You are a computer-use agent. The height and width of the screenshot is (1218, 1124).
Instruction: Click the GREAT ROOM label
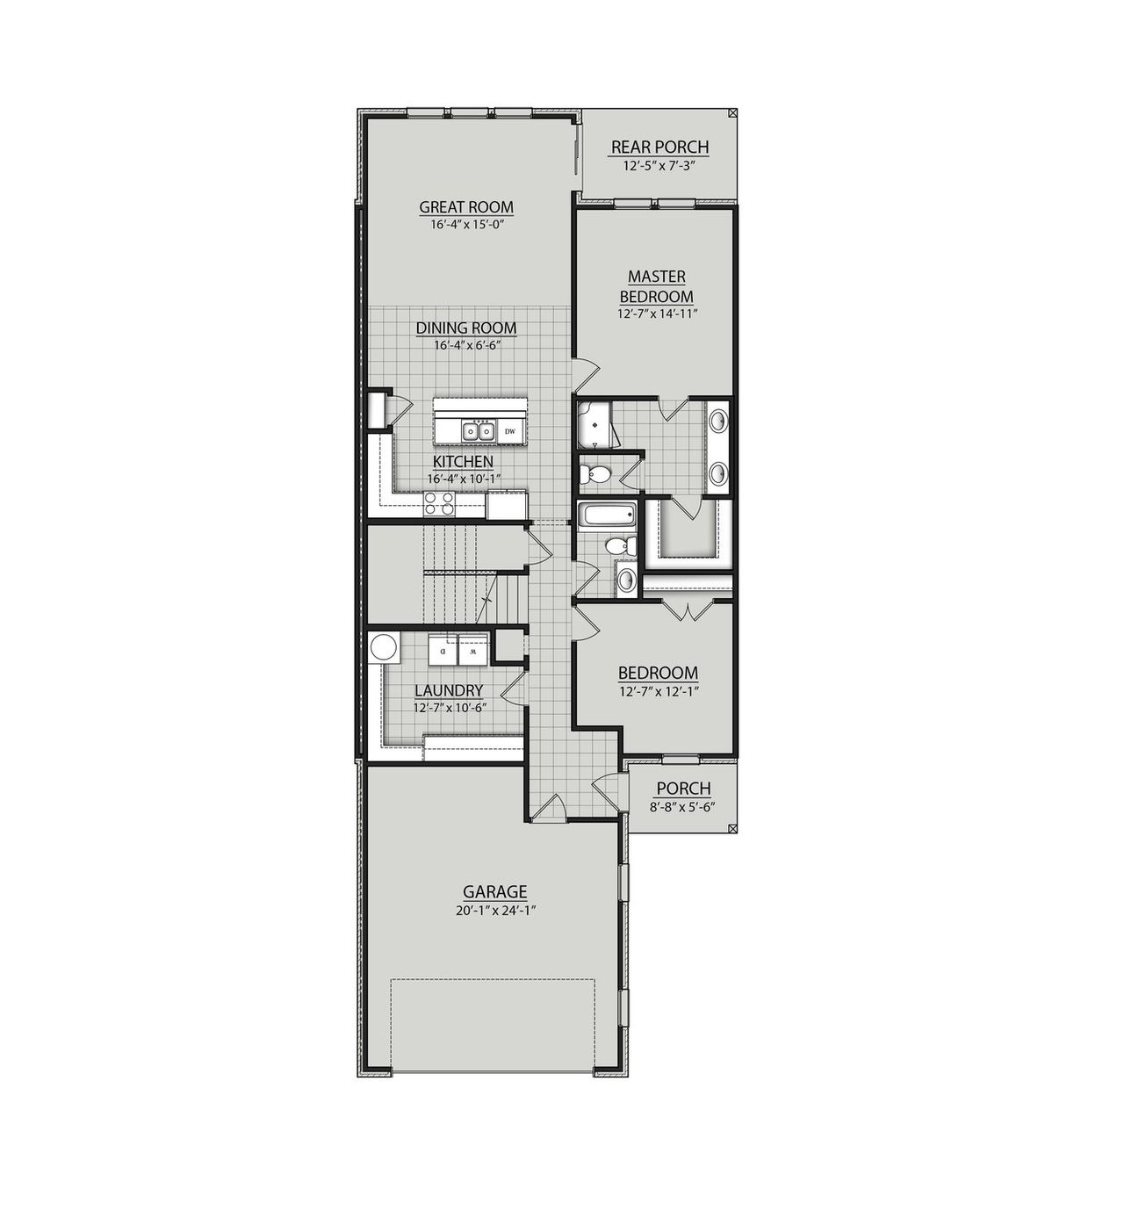click(466, 207)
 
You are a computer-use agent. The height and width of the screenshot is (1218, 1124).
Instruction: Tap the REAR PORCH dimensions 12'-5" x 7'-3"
click(659, 165)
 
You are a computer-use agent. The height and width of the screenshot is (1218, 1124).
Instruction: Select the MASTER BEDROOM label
click(657, 286)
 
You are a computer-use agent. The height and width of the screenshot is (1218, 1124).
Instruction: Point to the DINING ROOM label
click(466, 328)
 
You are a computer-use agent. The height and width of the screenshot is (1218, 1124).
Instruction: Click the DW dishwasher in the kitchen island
click(509, 431)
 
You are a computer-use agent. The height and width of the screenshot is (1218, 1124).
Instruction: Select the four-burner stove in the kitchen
click(439, 503)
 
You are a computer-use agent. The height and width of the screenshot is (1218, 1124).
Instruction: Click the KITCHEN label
click(463, 461)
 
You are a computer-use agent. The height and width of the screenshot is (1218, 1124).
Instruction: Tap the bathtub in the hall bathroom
click(606, 515)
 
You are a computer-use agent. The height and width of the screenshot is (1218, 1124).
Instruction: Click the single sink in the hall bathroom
click(625, 579)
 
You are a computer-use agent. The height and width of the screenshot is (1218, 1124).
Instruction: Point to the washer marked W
click(472, 652)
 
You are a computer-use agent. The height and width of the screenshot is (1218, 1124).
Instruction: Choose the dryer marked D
click(443, 652)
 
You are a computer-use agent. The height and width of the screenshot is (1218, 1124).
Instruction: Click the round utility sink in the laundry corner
click(383, 647)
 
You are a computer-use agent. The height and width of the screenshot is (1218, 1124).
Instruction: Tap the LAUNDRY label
click(449, 691)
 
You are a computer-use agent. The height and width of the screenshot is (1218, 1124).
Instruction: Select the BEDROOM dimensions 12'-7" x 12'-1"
click(658, 690)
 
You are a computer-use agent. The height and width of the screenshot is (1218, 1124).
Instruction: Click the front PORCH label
click(683, 789)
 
